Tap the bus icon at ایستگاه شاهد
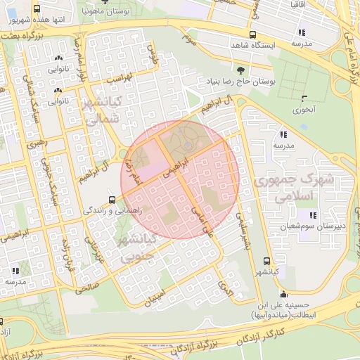(252, 34)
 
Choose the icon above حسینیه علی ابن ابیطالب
(283, 294)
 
